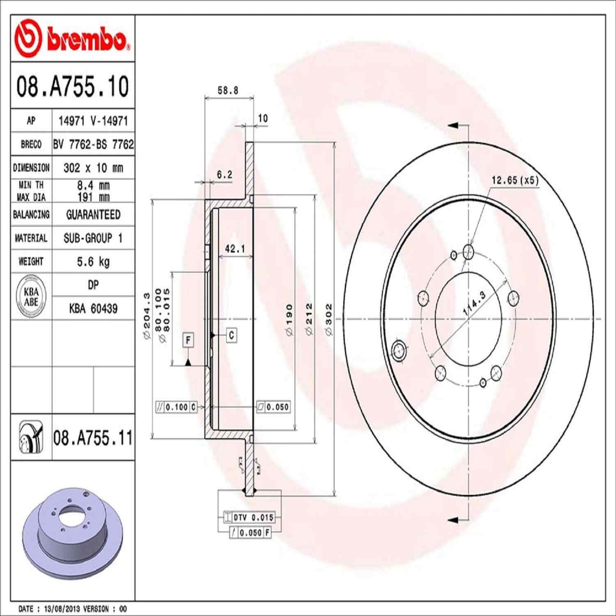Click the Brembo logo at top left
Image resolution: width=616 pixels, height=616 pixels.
72,39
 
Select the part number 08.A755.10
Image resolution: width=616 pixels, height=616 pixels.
72,86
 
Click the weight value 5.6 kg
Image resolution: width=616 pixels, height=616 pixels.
93,261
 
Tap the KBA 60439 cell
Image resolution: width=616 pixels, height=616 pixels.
93,308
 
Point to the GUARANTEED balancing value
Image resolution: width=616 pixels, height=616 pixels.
93,214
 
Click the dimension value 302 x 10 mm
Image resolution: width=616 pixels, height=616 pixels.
93,168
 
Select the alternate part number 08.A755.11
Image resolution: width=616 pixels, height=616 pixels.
93,438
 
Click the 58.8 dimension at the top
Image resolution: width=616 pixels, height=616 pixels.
228,90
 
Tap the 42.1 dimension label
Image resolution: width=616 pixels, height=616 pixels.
234,249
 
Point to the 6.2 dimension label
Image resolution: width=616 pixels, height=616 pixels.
224,174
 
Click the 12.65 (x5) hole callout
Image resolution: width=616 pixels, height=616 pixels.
515,180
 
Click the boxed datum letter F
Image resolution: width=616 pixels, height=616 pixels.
188,340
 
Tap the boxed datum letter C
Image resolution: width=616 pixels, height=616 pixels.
231,335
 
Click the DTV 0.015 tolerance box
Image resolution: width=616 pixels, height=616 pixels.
249,517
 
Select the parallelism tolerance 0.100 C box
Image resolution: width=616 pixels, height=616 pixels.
176,407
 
